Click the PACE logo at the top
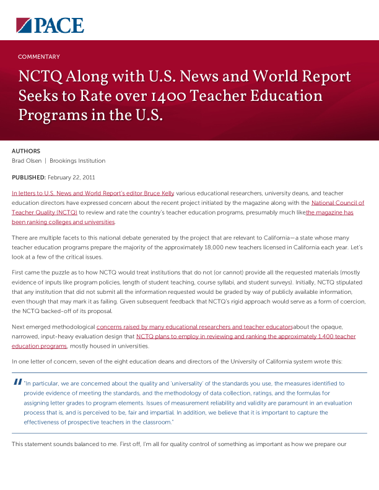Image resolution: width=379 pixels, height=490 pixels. [50, 25]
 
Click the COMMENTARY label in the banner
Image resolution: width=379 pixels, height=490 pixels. [39, 57]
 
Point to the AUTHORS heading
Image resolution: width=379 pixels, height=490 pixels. [26, 151]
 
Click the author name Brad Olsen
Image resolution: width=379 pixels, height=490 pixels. [27, 161]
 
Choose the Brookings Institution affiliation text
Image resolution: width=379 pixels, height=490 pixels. [77, 161]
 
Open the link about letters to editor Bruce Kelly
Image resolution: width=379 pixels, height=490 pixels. [93, 193]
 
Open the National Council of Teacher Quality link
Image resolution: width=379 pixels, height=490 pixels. [338, 202]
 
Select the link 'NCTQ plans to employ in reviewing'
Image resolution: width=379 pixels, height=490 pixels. [246, 337]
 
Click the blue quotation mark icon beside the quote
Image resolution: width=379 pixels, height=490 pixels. [17, 382]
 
